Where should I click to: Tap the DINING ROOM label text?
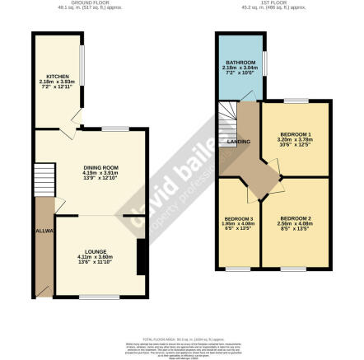click(x=100, y=168)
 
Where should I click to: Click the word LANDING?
click(x=239, y=142)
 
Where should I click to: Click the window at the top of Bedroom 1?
click(x=296, y=101)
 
